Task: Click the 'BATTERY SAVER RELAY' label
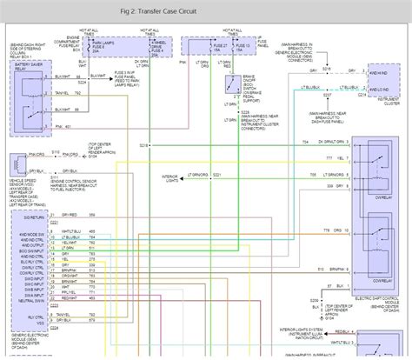pos(28,68)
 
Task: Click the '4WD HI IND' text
pos(380,70)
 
